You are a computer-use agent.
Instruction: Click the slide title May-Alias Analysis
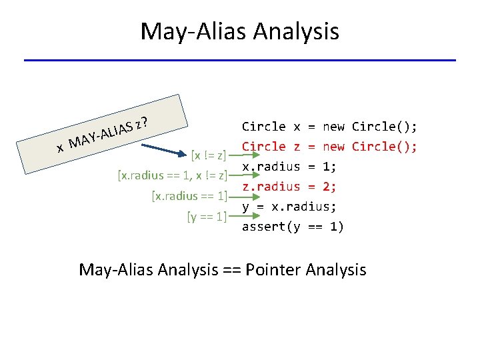240,31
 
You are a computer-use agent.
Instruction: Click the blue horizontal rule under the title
240,61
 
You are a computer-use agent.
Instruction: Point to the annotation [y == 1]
207,216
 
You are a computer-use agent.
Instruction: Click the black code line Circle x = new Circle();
329,127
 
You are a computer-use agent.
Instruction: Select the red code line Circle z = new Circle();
329,147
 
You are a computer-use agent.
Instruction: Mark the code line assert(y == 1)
293,227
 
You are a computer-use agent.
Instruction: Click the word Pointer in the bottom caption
277,270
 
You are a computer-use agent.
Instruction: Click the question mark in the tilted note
144,121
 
